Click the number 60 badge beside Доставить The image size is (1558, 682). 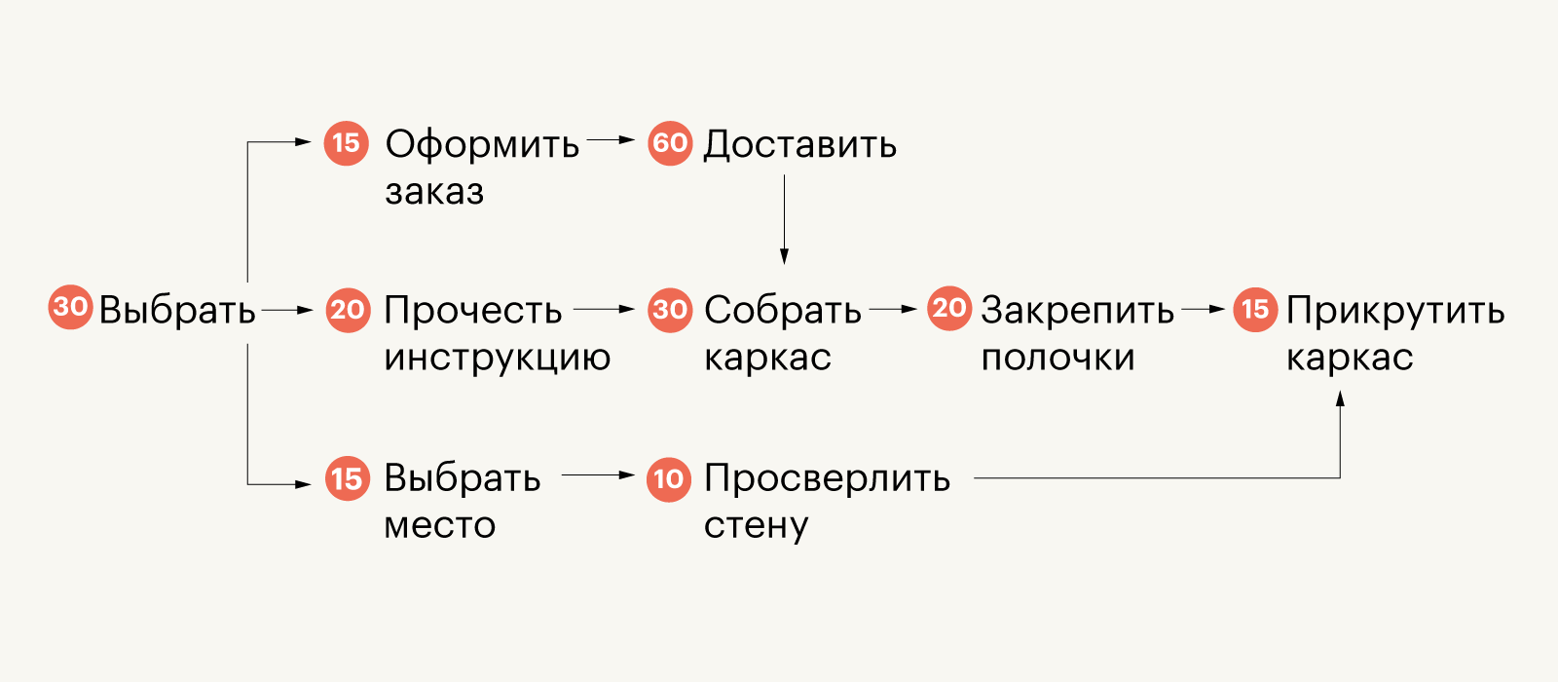coord(670,143)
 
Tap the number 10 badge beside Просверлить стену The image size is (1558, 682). coord(669,478)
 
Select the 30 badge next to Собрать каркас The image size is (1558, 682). coord(670,310)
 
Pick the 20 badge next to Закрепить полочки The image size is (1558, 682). coord(949,309)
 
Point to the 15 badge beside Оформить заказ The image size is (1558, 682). coord(347,143)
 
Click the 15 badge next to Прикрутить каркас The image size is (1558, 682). coord(1256,310)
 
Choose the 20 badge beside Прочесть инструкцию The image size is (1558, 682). coord(348,311)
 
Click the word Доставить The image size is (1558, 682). coord(799,144)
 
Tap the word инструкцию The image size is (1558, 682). coord(497,358)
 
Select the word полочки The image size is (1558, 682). coord(1057,358)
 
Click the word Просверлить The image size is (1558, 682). coord(827,478)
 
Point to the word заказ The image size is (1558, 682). coord(434,192)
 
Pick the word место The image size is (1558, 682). coord(440,525)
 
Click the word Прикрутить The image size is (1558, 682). coord(1394,311)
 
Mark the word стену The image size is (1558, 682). coord(756,526)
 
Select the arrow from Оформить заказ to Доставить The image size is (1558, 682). coord(612,140)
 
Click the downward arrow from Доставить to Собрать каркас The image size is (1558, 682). coord(784,220)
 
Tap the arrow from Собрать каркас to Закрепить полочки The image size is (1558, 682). coord(893,310)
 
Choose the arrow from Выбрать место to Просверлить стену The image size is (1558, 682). coord(598,475)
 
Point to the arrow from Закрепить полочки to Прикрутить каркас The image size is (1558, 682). coord(1203,310)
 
